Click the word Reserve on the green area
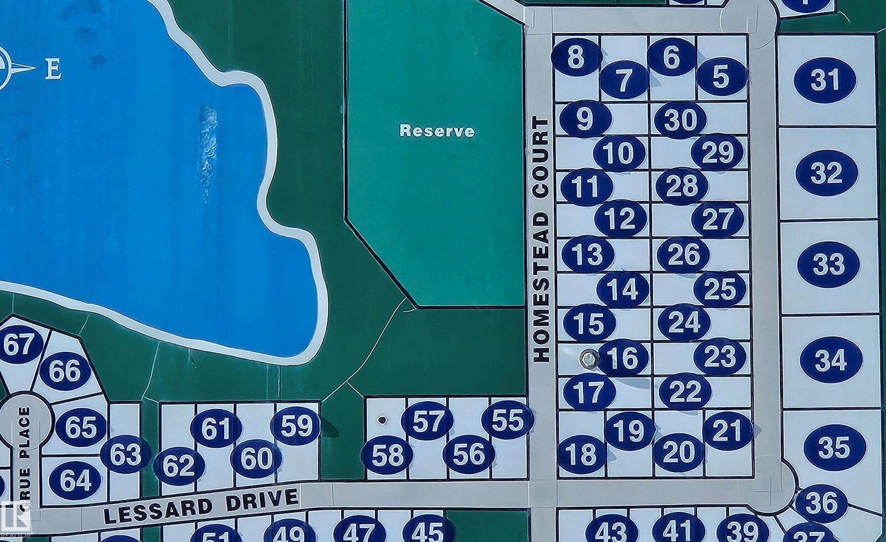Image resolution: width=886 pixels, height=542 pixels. tap(437, 131)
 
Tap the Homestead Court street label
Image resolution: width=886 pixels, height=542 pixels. tap(541, 239)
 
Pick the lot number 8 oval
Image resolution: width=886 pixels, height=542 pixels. tap(576, 57)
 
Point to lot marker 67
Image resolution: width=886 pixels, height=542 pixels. tap(19, 344)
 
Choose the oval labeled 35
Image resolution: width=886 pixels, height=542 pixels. tap(834, 447)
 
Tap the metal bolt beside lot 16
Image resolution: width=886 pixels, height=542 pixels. tap(588, 359)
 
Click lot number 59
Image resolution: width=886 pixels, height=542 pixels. tap(296, 426)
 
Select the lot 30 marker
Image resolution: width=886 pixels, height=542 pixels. tap(680, 120)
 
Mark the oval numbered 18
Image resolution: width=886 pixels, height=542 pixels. tap(581, 454)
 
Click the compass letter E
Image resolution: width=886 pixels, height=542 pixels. tap(53, 70)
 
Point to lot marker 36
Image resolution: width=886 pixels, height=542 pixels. tap(821, 503)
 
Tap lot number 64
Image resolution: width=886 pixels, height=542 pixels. tap(75, 480)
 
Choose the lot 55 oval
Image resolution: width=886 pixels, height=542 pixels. tap(507, 420)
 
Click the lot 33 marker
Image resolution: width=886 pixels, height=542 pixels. tap(828, 264)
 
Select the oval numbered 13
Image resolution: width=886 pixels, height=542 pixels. tap(588, 254)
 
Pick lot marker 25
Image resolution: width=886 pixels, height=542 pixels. tap(719, 289)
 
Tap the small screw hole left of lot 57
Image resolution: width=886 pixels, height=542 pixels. tap(382, 420)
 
